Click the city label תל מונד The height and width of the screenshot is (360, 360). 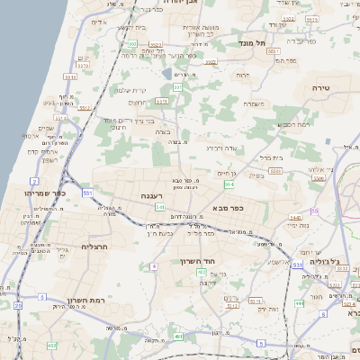tap(251, 42)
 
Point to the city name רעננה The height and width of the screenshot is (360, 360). tap(150, 195)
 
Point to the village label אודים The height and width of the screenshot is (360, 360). tap(100, 22)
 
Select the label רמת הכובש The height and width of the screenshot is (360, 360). tap(295, 123)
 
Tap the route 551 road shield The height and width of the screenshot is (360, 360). tap(87, 193)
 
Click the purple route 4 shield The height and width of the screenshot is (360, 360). tap(154, 266)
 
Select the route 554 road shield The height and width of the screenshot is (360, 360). tap(229, 184)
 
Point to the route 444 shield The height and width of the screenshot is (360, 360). tap(300, 303)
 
